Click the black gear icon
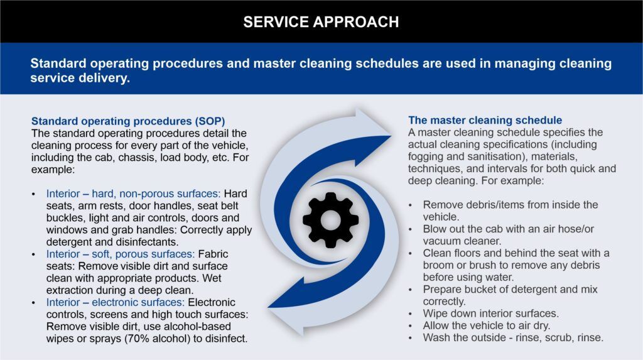pos(330,220)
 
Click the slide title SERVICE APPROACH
pos(321,22)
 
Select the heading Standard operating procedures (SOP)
pos(128,121)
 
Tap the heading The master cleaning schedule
pos(485,120)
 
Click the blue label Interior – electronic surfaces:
pos(116,303)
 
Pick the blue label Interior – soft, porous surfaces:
pos(120,254)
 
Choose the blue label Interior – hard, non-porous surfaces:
pos(133,194)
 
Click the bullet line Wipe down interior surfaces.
pos(491,314)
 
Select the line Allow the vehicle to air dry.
pos(487,325)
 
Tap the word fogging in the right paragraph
pos(425,157)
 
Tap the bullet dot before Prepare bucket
pos(410,290)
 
